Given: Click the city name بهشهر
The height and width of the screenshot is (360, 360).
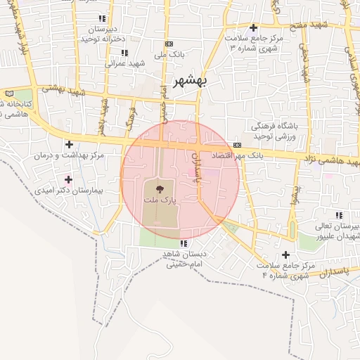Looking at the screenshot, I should (190, 79).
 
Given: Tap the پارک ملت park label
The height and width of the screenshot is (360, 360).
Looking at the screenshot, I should (160, 200).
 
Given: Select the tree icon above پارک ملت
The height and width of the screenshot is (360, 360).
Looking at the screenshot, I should (159, 188).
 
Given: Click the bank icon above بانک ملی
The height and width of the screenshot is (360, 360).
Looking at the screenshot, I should (168, 43).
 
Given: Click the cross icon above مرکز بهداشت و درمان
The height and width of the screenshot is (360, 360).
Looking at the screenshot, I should (68, 144).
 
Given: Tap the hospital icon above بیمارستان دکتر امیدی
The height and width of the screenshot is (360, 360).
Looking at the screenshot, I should (68, 179).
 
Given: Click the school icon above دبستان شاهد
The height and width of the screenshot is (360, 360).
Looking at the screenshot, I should (184, 243).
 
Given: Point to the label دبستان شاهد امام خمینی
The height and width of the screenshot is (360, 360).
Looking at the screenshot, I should (186, 259).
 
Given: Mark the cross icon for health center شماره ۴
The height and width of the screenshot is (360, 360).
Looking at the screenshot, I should (285, 255).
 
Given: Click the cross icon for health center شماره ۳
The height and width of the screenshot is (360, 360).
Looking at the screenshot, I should (253, 28).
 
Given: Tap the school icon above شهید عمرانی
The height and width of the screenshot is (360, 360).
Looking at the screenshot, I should (124, 53).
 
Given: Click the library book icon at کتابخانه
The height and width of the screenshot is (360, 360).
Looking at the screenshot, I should (9, 93).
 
